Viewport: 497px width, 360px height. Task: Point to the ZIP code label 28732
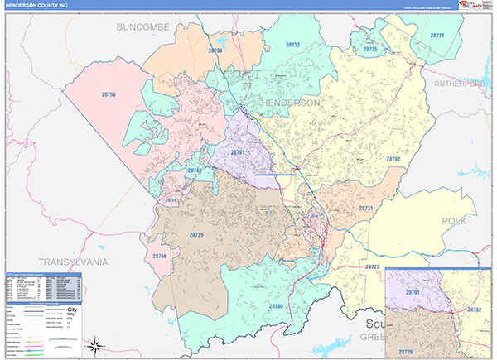[292, 46]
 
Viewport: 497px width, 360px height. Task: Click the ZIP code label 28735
[369, 50]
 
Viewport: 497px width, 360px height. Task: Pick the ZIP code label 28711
[437, 36]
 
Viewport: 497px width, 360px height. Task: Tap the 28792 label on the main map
[393, 159]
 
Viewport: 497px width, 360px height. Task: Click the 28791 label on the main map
[239, 153]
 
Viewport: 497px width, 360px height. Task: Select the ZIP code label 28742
[195, 170]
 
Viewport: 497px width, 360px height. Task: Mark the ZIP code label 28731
[365, 208]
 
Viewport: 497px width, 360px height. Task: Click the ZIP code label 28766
[160, 257]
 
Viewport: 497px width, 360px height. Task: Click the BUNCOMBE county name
[142, 27]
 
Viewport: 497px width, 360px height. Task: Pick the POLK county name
[454, 221]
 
